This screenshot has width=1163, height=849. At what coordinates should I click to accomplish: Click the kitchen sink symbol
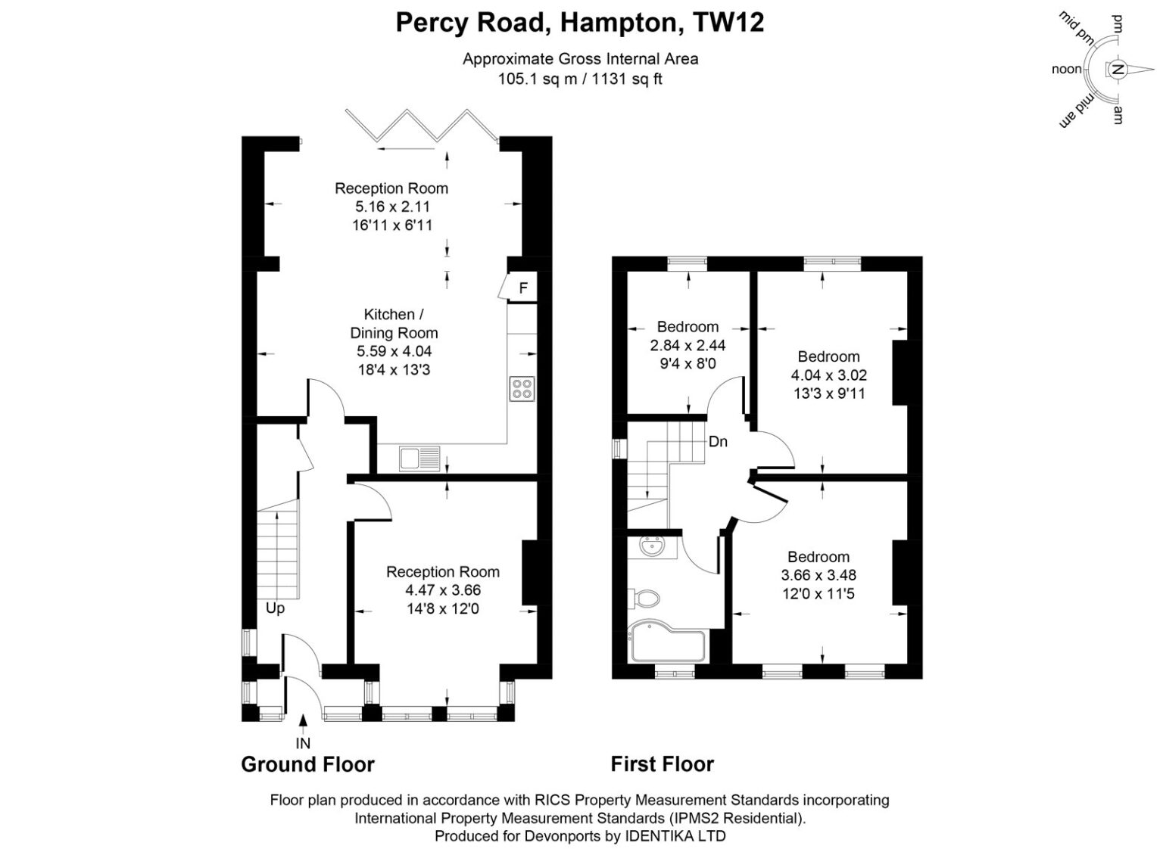[x=419, y=459]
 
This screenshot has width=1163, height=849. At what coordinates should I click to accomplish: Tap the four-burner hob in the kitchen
[x=522, y=389]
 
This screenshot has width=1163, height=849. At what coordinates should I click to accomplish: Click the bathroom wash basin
[x=652, y=548]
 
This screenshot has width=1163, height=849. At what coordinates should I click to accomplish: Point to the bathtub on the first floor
[x=666, y=642]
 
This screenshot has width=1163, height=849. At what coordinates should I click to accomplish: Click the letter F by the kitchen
[x=523, y=288]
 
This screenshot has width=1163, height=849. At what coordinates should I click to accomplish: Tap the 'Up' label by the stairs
[x=275, y=608]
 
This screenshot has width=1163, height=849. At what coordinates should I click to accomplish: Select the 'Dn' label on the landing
[x=718, y=442]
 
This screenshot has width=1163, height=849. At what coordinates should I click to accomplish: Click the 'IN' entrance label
[x=303, y=744]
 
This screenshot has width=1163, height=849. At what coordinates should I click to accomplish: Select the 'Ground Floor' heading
[x=308, y=764]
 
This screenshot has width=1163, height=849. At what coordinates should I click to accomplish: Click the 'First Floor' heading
[x=663, y=764]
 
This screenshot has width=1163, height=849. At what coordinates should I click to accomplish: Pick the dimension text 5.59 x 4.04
[x=394, y=351]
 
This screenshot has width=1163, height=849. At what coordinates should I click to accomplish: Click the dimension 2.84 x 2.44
[x=688, y=345]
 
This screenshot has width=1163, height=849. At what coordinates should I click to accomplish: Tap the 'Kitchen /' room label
[x=394, y=315]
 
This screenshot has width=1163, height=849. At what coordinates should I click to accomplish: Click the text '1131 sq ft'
[x=627, y=79]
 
